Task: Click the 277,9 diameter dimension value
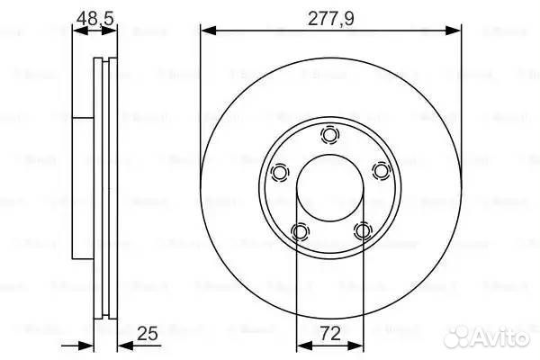coord(330,15)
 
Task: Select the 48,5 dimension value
coord(94,15)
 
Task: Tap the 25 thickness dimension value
coord(149,334)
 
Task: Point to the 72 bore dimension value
coord(330,334)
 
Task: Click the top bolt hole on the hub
coord(330,136)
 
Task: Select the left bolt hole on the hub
coord(280,172)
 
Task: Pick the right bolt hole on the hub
coord(381,172)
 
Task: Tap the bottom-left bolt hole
coord(300,232)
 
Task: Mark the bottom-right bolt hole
coord(362,232)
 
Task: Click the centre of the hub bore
coord(330,190)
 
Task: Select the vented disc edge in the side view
coord(105,189)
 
